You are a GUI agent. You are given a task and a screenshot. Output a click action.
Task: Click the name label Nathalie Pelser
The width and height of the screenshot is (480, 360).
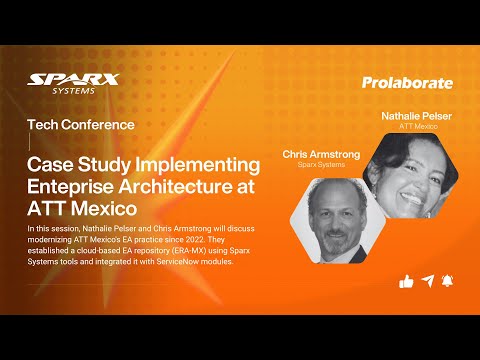419,117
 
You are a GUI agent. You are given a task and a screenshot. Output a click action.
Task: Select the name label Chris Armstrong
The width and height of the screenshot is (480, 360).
319,154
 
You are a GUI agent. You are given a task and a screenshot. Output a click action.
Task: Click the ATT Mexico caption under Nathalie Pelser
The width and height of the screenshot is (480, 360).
419,128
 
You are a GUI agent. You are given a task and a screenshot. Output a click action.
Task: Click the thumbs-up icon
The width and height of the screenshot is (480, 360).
406,282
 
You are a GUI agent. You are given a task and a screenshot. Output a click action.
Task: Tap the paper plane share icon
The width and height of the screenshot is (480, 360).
428,282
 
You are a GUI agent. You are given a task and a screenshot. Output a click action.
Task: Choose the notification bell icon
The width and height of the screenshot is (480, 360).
450,282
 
